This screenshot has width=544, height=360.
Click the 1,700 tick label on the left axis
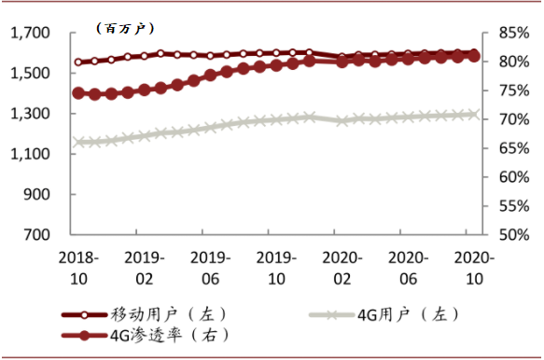[x=31, y=33]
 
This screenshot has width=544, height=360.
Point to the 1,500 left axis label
[x=31, y=73]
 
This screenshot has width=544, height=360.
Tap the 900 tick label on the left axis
[x=36, y=194]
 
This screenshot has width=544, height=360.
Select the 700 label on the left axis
[x=36, y=235]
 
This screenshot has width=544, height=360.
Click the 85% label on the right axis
[x=514, y=33]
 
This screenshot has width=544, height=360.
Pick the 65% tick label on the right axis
[x=514, y=148]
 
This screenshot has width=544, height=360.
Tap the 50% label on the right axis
[x=514, y=235]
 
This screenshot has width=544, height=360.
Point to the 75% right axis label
[x=514, y=90]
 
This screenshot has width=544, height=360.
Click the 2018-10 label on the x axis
[x=78, y=269]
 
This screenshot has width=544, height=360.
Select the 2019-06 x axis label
[x=211, y=269]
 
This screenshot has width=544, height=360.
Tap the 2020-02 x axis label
[x=342, y=269]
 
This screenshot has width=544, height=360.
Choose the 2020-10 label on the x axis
[x=474, y=269]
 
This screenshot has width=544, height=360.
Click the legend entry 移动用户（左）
[x=145, y=315]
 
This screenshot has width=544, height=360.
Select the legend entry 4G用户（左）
[x=384, y=315]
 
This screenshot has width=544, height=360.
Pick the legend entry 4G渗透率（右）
[x=146, y=336]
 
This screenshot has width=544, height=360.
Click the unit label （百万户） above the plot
[x=125, y=28]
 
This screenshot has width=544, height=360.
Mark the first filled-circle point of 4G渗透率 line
[x=78, y=93]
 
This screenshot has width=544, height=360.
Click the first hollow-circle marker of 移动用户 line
[x=78, y=62]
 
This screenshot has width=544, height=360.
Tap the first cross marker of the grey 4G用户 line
[x=78, y=142]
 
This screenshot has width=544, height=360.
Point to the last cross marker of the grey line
[x=474, y=114]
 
